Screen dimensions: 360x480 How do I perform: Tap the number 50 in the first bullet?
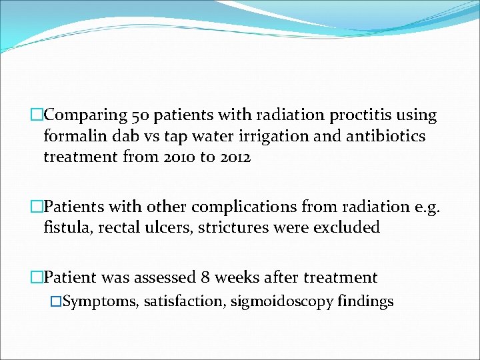pos(142,115)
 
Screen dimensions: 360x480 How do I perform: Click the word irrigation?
pos(241,137)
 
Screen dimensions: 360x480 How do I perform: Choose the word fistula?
pos(67,227)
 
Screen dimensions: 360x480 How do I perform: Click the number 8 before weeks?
pos(203,277)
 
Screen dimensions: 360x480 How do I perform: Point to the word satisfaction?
pos(183,301)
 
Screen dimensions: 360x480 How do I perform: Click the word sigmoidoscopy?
pos(282,301)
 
